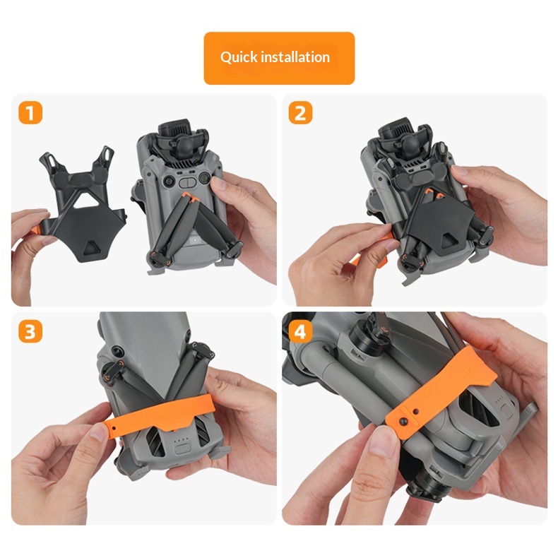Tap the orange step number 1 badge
30,113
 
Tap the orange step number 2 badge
300,113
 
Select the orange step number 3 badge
30,331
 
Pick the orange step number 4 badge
300,331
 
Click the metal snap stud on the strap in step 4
403,422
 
